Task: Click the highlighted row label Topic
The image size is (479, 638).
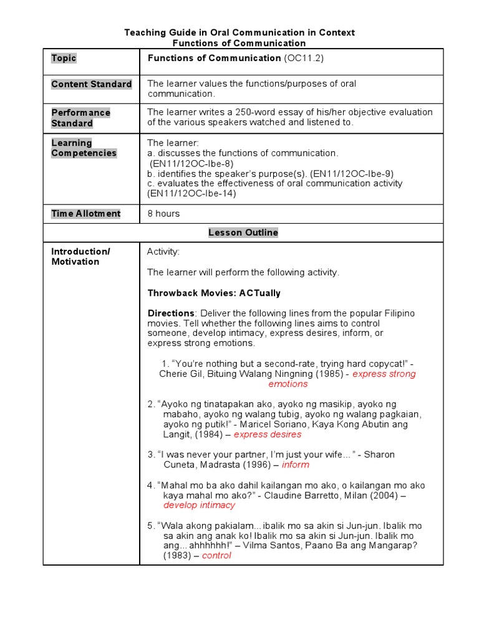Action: pyautogui.click(x=64, y=59)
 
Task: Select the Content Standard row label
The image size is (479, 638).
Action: pyautogui.click(x=91, y=84)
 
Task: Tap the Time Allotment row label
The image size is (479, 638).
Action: pyautogui.click(x=86, y=214)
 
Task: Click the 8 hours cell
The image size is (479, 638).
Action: pyautogui.click(x=163, y=214)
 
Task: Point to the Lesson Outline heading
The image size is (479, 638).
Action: pyautogui.click(x=243, y=232)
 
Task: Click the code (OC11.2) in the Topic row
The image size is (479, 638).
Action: pyautogui.click(x=304, y=59)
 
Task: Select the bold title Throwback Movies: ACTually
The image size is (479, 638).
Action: pyautogui.click(x=214, y=293)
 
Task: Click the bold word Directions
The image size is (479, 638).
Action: pyautogui.click(x=171, y=313)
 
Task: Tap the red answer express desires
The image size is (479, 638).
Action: pyautogui.click(x=267, y=434)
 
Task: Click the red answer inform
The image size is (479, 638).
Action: pyautogui.click(x=295, y=465)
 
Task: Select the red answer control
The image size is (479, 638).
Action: pyautogui.click(x=216, y=556)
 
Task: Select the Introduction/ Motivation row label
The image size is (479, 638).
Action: pyautogui.click(x=80, y=257)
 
